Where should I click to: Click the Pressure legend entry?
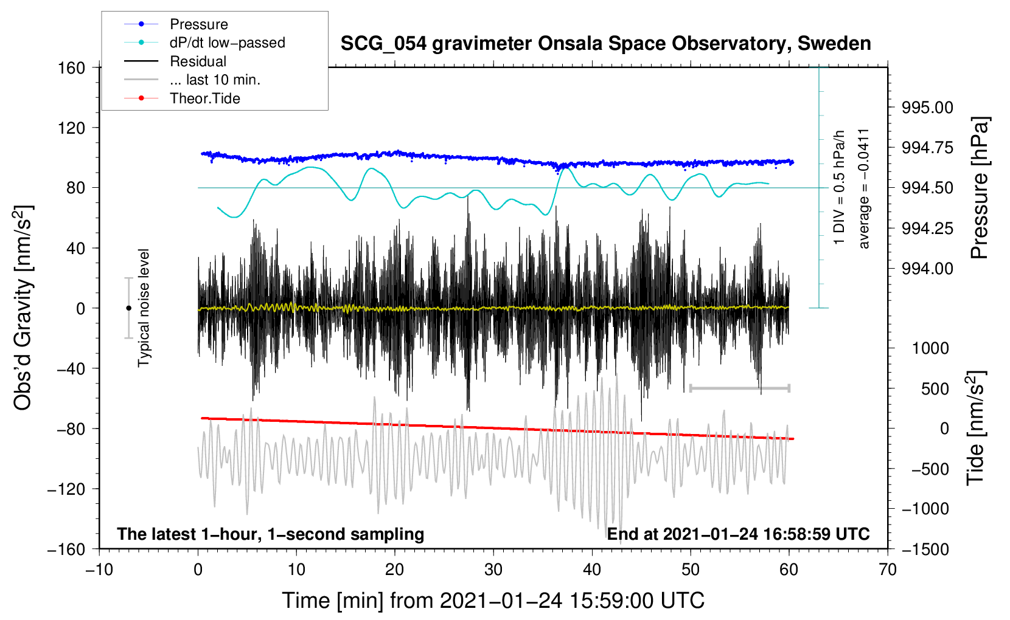tap(198, 24)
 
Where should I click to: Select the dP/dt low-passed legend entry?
tap(227, 43)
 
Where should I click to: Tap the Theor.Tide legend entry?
tap(204, 98)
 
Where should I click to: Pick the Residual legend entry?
tap(198, 61)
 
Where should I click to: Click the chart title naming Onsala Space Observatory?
tap(605, 44)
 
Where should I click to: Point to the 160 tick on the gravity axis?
tap(72, 68)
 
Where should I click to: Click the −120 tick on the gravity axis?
tap(67, 489)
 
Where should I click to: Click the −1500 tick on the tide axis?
tap(925, 549)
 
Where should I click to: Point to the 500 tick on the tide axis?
tap(935, 388)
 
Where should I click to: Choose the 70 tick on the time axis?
tap(888, 570)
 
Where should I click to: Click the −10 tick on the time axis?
tap(99, 570)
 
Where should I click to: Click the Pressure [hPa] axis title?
tap(980, 188)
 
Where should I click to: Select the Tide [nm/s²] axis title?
tap(976, 428)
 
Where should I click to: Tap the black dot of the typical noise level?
tap(128, 308)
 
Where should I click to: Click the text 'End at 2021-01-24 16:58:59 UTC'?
tap(738, 534)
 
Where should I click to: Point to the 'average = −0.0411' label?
tap(864, 188)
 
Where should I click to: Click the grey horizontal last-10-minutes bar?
tap(740, 388)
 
